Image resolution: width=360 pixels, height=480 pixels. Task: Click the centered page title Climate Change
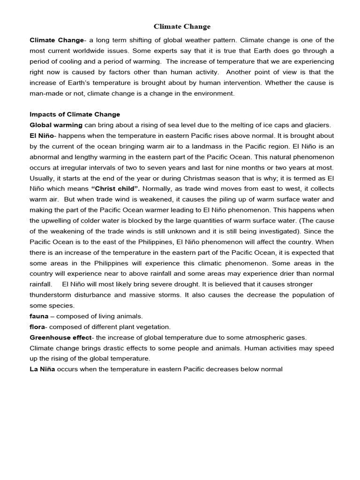pos(183,27)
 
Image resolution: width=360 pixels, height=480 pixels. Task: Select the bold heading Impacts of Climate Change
pos(75,114)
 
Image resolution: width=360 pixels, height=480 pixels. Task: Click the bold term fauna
pos(39,316)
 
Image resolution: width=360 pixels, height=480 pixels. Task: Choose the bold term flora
pos(38,327)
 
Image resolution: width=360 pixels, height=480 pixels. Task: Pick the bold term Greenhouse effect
pos(60,337)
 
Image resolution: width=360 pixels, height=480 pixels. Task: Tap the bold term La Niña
pos(42,369)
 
